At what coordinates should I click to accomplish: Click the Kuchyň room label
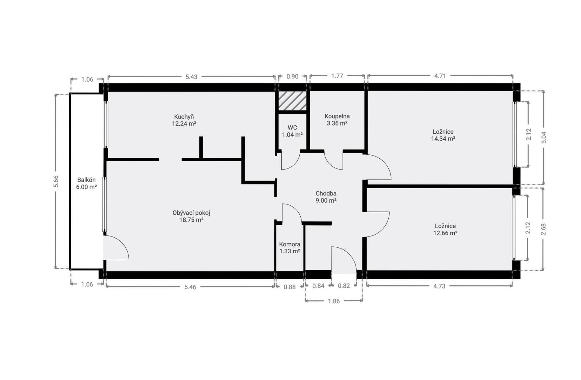(x=184, y=120)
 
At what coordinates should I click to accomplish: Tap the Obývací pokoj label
(x=191, y=216)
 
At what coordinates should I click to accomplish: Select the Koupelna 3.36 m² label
(x=337, y=120)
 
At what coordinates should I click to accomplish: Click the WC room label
(x=292, y=131)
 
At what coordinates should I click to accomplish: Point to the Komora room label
(x=290, y=248)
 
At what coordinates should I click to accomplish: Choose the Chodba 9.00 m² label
(x=326, y=197)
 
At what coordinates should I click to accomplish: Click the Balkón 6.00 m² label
(x=87, y=183)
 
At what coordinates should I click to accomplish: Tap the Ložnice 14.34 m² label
(x=443, y=135)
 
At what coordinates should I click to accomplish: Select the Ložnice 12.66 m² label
(x=445, y=229)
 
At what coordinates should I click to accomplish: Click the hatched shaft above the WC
(x=292, y=101)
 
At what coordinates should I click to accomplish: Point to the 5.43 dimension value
(x=191, y=77)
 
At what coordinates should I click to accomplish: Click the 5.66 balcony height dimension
(x=56, y=181)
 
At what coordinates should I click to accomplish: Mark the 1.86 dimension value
(x=334, y=301)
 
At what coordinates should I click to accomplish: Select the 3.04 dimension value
(x=544, y=138)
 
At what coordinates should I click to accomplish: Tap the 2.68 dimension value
(x=544, y=229)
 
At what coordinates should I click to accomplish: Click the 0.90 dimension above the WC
(x=292, y=77)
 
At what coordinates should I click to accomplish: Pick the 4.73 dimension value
(x=439, y=286)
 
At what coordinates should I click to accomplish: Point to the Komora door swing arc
(x=295, y=209)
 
